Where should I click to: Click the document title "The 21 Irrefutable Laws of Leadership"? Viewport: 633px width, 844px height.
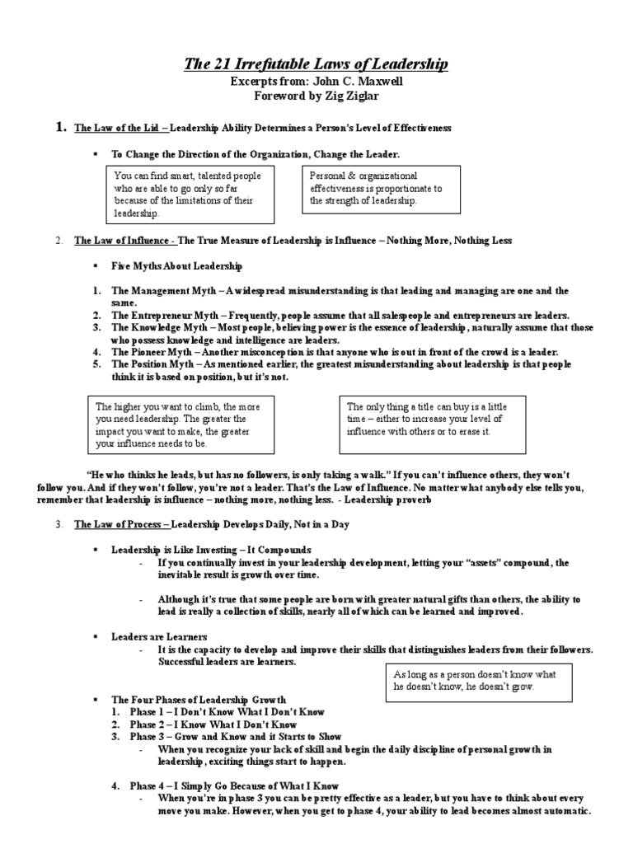coord(316,64)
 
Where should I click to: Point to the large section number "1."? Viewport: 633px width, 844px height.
coord(59,128)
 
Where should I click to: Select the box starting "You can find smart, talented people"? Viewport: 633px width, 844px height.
coord(191,195)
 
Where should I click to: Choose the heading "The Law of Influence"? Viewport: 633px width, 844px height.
coord(124,241)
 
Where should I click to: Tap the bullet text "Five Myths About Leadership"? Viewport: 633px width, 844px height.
coord(176,267)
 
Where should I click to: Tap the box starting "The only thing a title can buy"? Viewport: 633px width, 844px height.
coord(432,424)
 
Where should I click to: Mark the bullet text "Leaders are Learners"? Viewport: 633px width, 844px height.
coord(159,637)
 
